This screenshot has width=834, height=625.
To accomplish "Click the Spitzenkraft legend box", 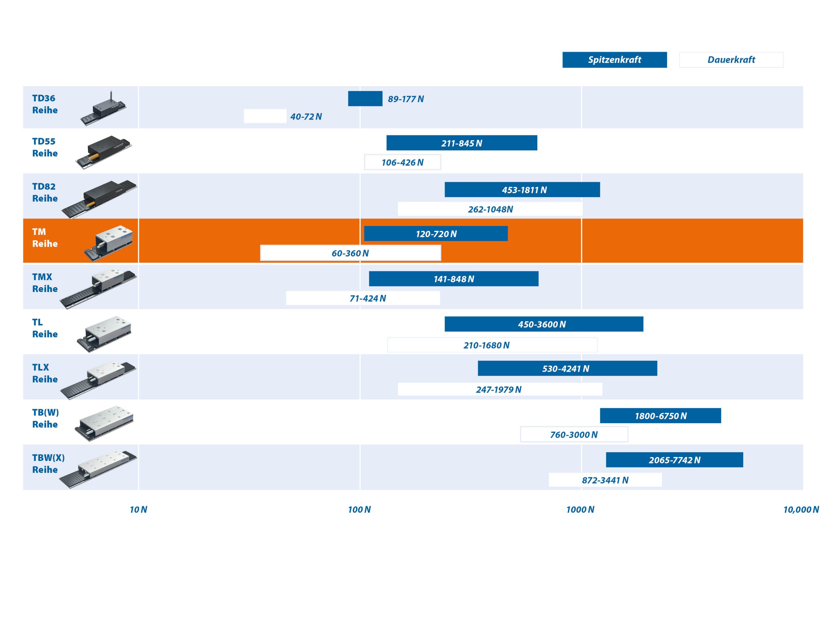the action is [614, 60].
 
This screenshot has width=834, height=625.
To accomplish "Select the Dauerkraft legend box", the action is [731, 60].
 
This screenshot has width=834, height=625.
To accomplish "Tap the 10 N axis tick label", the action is [138, 510].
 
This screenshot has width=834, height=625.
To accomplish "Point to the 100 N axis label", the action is [359, 510].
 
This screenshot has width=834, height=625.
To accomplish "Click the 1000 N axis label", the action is [580, 510].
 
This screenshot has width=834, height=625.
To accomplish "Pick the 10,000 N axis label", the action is [801, 510].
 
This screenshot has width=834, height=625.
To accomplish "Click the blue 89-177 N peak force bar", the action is [365, 99].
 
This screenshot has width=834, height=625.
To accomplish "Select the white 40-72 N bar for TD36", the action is [265, 116].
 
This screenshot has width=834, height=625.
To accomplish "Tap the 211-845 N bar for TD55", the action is [462, 143].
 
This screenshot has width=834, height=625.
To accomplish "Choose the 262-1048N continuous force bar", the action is [490, 209].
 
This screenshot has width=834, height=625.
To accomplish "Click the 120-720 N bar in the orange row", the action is [436, 234].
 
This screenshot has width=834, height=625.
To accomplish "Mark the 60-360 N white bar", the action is [351, 253].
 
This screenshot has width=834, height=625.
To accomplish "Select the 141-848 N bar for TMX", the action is [453, 279].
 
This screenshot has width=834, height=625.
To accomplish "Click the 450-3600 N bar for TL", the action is [544, 324].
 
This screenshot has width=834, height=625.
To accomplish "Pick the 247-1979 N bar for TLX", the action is [500, 389].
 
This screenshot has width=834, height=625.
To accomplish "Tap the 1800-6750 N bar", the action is [661, 416].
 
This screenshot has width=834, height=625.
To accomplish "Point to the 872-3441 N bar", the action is [605, 480].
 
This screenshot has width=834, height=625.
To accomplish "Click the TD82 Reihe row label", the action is [45, 192].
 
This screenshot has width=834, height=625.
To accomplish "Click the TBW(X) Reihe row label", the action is [48, 464].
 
